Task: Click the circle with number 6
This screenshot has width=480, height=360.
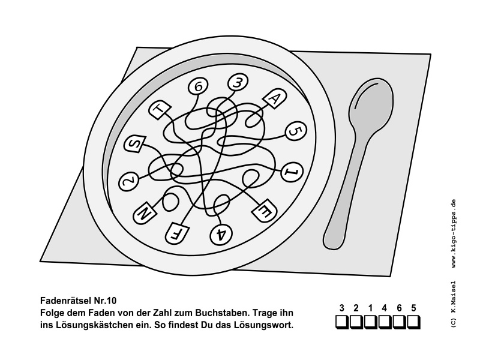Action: [198, 86]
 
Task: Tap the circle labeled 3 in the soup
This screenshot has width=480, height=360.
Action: [238, 83]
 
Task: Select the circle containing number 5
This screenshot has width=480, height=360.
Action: [295, 131]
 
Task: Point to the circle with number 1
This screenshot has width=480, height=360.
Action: [292, 172]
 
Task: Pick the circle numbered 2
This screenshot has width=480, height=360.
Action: [128, 182]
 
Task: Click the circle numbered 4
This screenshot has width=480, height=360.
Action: [221, 235]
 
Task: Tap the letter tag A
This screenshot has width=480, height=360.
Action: [275, 99]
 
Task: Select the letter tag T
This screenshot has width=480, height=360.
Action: [160, 110]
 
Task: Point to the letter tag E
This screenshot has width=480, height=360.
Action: [264, 210]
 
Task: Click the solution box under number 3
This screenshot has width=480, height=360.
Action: [342, 322]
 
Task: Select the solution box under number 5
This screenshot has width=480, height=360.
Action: [413, 322]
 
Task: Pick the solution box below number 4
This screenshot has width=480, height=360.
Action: [385, 322]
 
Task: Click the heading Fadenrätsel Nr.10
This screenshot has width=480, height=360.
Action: [79, 301]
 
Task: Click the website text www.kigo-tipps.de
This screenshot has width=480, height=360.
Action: [454, 233]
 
